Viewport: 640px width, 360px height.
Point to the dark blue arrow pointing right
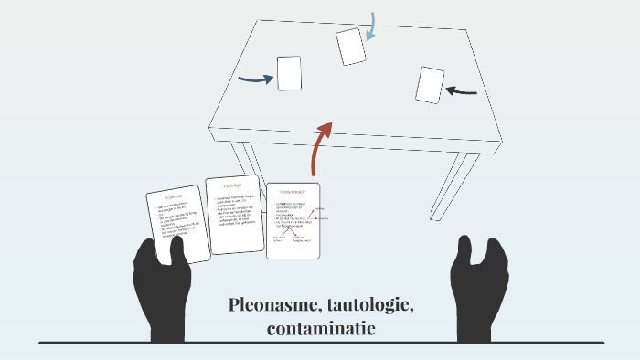(255, 79)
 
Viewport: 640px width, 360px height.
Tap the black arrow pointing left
(462, 90)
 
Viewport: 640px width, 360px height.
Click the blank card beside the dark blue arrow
(289, 73)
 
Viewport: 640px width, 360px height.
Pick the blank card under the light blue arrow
(350, 46)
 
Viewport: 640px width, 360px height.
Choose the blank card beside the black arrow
(430, 85)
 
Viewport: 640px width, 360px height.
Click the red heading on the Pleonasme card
(175, 196)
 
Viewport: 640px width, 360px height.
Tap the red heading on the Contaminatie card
(293, 191)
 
